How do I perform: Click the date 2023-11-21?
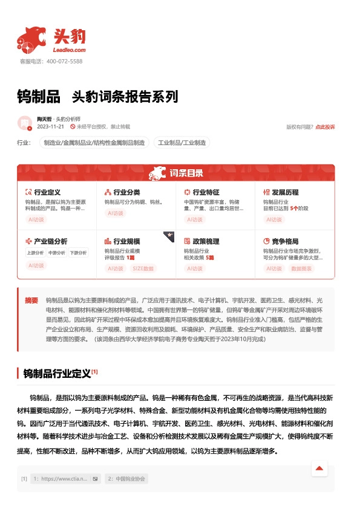tap(50, 127)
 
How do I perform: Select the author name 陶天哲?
tap(44, 119)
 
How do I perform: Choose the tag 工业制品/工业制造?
tap(182, 143)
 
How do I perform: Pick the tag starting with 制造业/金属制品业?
tap(94, 143)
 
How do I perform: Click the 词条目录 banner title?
tap(186, 173)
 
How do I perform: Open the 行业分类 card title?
tap(126, 192)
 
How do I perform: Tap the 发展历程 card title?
tap(285, 192)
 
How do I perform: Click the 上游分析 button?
tap(36, 253)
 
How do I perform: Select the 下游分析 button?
tap(78, 253)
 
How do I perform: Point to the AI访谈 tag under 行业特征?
tap(195, 220)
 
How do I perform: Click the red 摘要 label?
tap(31, 300)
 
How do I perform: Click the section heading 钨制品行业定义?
tap(57, 373)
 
